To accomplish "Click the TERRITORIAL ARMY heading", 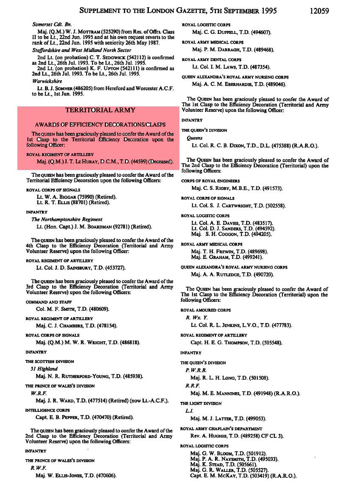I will pos(100,110).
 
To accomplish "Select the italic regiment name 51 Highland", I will pos(44,369).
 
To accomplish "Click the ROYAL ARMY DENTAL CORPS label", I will pos(212,60).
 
